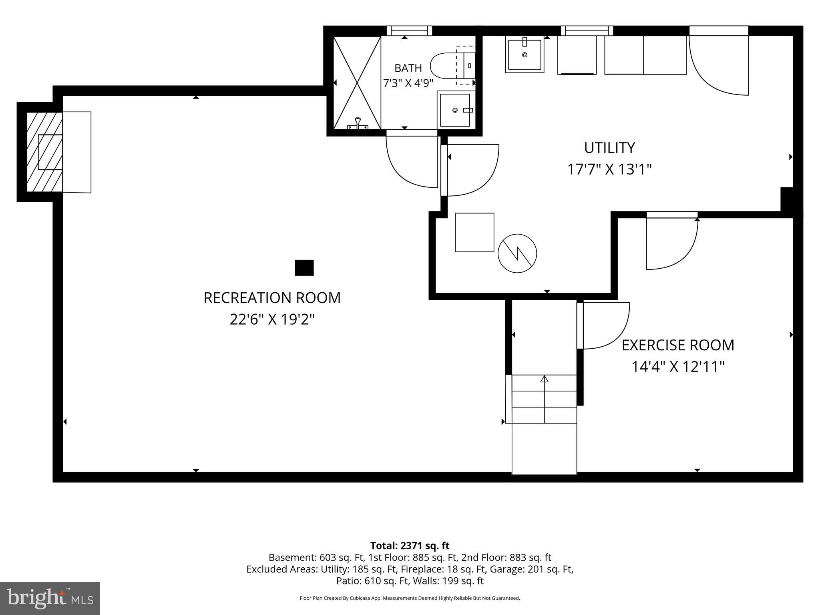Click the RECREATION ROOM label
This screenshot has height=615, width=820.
[x=272, y=298]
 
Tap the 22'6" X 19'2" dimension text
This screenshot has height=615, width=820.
[x=272, y=320]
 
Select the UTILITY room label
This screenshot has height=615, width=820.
[x=609, y=148]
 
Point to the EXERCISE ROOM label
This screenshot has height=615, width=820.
[x=678, y=345]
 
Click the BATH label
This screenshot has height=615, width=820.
[x=408, y=68]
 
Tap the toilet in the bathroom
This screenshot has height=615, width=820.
[x=453, y=66]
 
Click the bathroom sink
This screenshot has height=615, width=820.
[x=455, y=110]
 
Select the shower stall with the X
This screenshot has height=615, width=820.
[x=357, y=82]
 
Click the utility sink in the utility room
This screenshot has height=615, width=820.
[x=525, y=54]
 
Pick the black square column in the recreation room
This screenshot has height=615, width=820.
[x=304, y=268]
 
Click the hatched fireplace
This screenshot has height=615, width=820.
[x=44, y=152]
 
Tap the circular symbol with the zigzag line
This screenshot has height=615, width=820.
[x=517, y=253]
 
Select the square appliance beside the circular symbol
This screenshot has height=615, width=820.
[x=474, y=232]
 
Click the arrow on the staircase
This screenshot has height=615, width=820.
[x=544, y=399]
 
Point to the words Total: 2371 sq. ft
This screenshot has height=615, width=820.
[x=410, y=546]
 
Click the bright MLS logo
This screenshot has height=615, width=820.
[x=50, y=599]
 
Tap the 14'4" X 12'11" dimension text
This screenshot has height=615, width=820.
[x=678, y=366]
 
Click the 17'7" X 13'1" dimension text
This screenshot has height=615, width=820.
[x=609, y=169]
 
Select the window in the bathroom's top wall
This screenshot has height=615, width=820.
[x=409, y=31]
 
